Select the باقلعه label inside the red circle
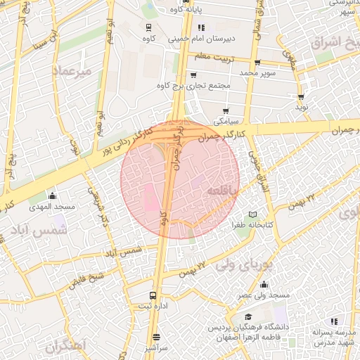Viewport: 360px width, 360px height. (224, 191)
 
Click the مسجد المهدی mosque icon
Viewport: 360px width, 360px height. (51, 195)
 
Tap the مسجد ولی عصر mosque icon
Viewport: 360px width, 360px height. (264, 284)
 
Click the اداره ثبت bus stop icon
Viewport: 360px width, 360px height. (153, 295)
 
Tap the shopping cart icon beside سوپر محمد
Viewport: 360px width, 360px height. (257, 62)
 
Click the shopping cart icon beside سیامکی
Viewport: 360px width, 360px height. (225, 110)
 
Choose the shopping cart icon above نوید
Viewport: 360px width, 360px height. (301, 97)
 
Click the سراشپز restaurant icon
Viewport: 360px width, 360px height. (155, 337)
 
